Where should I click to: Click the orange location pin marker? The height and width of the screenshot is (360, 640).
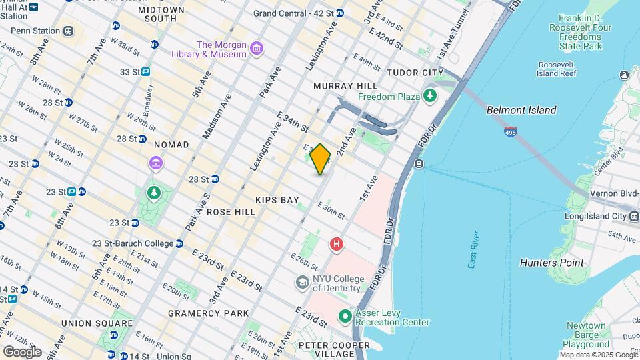(320, 159)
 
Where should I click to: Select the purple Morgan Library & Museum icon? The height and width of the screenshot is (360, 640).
(257, 49)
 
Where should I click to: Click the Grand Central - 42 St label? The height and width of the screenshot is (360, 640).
(293, 13)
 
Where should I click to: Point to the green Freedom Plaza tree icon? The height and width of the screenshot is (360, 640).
(430, 97)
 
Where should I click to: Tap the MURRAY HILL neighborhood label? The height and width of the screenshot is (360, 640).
(345, 86)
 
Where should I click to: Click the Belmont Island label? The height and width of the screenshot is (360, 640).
(521, 110)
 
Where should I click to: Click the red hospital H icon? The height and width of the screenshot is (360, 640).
(337, 245)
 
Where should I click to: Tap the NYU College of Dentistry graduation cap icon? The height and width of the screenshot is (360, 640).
(303, 283)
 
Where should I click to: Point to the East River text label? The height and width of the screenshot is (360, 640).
(474, 250)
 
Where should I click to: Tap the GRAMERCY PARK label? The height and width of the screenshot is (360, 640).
(208, 313)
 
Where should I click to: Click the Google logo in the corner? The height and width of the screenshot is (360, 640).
(22, 352)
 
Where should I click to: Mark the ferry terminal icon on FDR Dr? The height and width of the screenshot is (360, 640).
(418, 164)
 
